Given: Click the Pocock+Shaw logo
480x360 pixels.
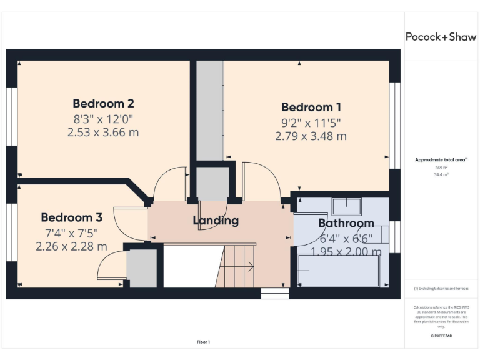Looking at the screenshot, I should (441, 37).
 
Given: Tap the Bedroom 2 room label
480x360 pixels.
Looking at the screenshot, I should (103, 104).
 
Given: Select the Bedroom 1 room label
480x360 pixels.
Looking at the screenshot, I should (311, 107).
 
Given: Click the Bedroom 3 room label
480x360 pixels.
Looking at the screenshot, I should (71, 217).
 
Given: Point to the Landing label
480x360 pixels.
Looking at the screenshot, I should (216, 221).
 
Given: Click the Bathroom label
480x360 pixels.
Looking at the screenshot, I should (346, 223).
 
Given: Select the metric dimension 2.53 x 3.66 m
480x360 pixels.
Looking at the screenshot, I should (103, 132).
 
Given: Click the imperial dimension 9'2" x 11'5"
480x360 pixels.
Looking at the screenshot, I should (311, 122).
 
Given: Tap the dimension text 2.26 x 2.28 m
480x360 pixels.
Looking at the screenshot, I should (71, 246).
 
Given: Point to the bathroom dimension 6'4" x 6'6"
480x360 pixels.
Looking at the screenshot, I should (346, 238).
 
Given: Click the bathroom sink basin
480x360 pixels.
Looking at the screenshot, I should (346, 206).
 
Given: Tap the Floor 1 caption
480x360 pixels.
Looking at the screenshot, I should (203, 342).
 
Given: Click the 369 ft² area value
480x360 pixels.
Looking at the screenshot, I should (441, 168).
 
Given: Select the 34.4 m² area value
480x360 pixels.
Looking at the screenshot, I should (441, 175).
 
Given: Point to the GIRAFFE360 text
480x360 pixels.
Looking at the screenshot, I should (441, 336).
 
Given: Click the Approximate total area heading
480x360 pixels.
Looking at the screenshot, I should (441, 161).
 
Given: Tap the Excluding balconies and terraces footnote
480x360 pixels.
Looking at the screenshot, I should (441, 289).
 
